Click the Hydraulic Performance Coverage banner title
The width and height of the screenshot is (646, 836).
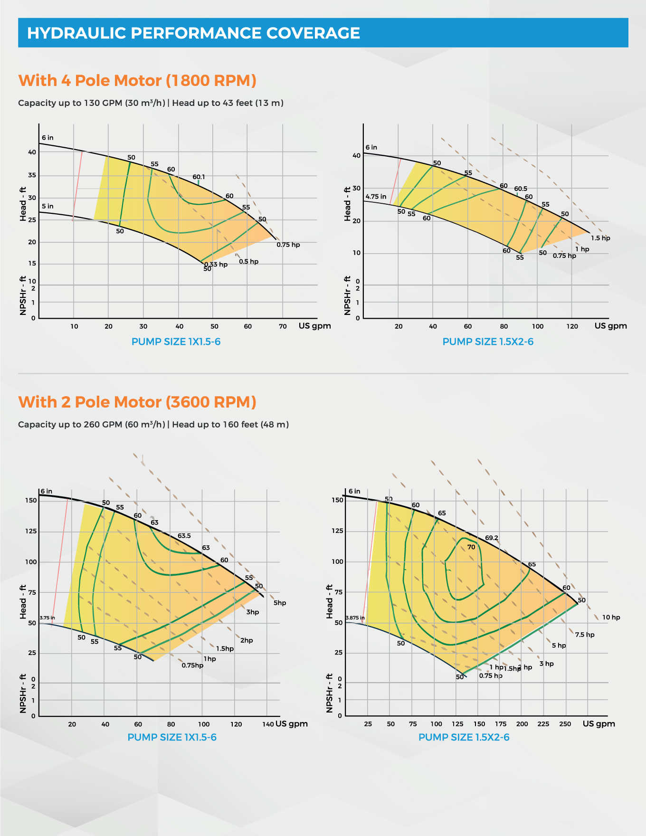tap(193, 33)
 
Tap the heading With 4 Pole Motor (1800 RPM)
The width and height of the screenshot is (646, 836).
tap(137, 80)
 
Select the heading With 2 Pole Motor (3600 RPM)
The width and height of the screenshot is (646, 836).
tap(137, 402)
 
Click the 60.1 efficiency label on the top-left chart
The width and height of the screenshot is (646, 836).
tap(199, 177)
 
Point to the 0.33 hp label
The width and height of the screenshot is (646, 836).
tap(216, 265)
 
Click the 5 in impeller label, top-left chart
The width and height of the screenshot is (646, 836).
tap(47, 206)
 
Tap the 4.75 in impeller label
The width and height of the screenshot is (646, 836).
tap(376, 196)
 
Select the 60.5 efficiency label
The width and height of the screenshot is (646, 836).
tap(521, 189)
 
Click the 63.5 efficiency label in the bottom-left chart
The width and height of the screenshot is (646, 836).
tap(184, 536)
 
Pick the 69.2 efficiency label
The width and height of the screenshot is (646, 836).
tap(492, 538)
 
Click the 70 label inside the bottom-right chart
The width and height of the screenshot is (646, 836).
tap(471, 547)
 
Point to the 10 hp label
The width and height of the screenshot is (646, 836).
tap(611, 617)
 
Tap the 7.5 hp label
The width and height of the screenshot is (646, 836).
tap(585, 635)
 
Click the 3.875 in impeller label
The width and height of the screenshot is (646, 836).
tap(355, 617)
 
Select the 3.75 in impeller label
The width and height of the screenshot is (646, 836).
tap(47, 617)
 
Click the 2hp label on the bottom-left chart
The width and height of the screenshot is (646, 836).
tap(247, 640)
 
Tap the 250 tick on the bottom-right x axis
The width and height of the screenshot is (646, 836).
tap(565, 724)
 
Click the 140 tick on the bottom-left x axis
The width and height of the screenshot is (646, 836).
tap(268, 724)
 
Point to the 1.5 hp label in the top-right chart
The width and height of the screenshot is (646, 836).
tap(600, 238)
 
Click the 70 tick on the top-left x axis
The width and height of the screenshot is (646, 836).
tap(283, 326)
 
